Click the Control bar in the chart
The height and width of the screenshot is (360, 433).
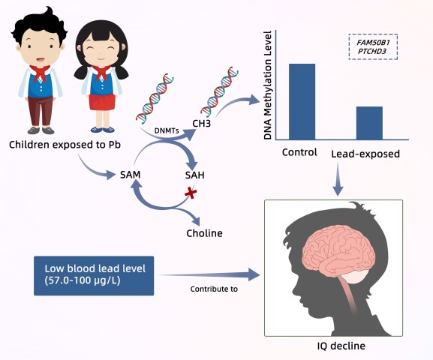[302, 101]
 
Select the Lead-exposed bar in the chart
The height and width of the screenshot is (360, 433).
[369, 123]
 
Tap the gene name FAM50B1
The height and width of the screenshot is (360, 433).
[373, 43]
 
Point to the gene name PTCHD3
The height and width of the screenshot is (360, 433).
[372, 51]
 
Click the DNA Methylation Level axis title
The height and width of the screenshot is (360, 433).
[268, 85]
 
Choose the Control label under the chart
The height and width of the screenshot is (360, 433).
[299, 152]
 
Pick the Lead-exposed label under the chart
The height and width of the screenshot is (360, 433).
[365, 154]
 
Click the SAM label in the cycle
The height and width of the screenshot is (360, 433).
[131, 175]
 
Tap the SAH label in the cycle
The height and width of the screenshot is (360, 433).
[194, 175]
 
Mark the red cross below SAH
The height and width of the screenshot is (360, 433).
[191, 193]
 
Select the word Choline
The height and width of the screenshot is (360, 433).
[204, 233]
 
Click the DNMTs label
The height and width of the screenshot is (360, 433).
[167, 130]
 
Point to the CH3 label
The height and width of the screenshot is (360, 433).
[202, 124]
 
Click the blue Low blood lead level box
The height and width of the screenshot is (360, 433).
[94, 276]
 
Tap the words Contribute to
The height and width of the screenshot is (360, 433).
[214, 289]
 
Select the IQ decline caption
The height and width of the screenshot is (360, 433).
[341, 346]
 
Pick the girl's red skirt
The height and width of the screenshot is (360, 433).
[102, 102]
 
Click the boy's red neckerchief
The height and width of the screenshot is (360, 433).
[40, 73]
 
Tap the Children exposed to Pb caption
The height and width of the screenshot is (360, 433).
[65, 145]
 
